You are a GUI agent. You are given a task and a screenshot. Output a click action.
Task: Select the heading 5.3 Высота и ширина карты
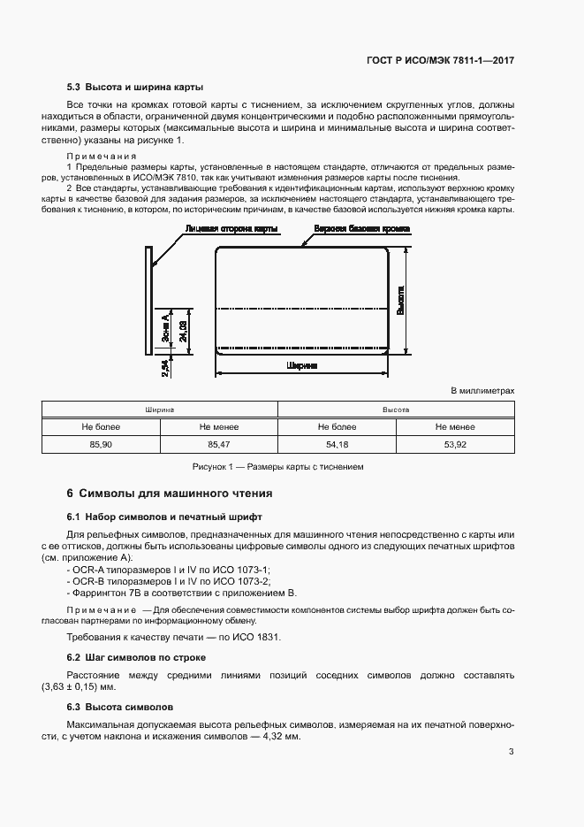point(135,88)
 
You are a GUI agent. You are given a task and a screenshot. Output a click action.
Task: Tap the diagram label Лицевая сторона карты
point(231,228)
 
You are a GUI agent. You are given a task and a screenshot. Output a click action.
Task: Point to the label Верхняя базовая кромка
point(357,228)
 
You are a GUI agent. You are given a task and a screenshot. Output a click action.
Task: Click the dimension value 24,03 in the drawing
point(182,327)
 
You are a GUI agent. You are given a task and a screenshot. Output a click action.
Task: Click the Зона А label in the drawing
point(165,327)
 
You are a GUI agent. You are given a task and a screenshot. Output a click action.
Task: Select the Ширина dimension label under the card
point(302,364)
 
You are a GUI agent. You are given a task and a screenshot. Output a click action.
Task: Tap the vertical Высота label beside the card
point(403,301)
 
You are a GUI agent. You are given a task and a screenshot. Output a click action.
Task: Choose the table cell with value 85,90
point(101,443)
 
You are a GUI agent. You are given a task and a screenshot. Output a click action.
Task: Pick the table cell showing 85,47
point(218,443)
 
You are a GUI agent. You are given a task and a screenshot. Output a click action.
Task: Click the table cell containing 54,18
point(337,443)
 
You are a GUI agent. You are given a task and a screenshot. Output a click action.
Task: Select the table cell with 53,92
point(455,443)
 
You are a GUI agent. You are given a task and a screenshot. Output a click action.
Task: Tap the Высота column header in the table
point(396,410)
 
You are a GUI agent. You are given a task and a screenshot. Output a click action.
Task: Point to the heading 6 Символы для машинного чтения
point(170,493)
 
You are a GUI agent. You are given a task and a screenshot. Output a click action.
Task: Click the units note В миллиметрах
point(482,389)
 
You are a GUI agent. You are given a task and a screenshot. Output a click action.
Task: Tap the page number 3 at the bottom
point(512,752)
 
